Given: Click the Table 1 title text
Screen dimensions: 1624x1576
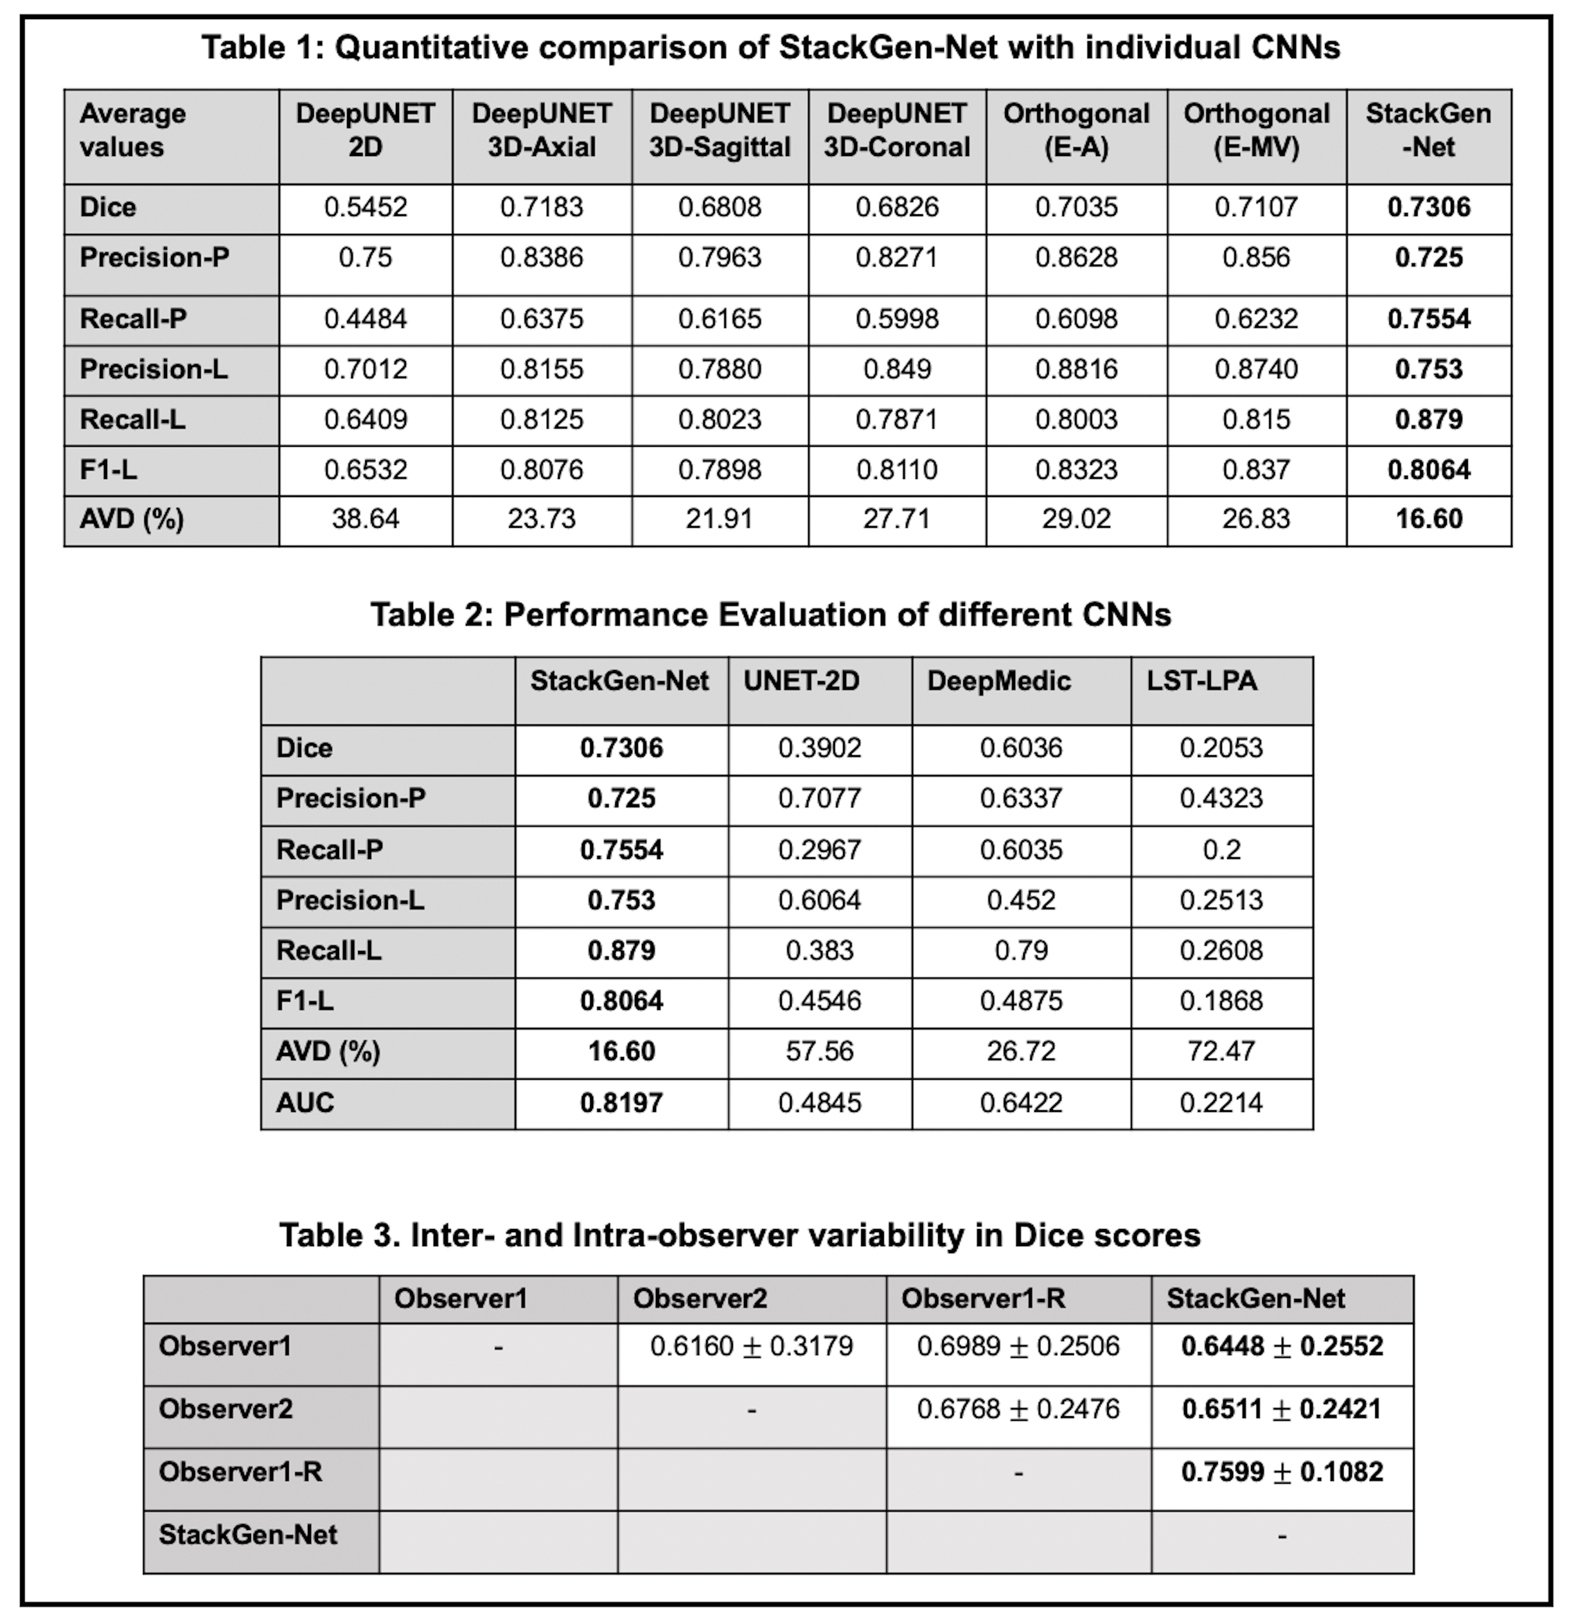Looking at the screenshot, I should click(x=771, y=47).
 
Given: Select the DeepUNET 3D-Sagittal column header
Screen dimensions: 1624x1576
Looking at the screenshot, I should click(x=719, y=130).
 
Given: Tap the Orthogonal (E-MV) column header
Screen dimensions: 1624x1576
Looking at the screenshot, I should click(x=1256, y=130).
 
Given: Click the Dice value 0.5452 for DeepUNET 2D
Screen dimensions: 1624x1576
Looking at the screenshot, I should click(x=365, y=207).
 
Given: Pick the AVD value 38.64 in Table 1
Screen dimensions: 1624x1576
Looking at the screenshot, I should click(x=365, y=520).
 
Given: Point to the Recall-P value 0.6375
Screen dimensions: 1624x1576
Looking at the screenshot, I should click(x=541, y=319).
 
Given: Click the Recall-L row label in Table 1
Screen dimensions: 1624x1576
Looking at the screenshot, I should click(x=133, y=420).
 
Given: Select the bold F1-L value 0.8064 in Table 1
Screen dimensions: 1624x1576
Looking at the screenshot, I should click(x=1429, y=470).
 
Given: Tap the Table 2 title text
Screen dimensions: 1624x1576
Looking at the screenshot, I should click(x=771, y=615).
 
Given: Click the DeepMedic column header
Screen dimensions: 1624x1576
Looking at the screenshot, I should click(x=999, y=681).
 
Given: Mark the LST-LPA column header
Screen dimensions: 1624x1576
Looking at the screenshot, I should click(x=1201, y=681).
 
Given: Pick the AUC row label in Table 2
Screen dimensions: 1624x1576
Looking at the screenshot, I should click(x=305, y=1103).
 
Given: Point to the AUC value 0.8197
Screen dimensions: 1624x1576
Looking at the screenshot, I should click(x=621, y=1103).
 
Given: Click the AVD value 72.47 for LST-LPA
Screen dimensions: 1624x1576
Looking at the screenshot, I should click(x=1221, y=1051).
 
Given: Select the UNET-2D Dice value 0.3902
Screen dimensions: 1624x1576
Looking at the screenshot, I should click(x=819, y=748).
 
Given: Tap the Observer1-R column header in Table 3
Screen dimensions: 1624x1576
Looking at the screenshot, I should click(x=983, y=1298).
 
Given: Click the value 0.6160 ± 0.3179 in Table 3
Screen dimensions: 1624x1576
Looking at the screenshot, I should click(x=752, y=1346).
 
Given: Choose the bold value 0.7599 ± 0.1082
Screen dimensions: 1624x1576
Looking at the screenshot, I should click(x=1282, y=1473).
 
